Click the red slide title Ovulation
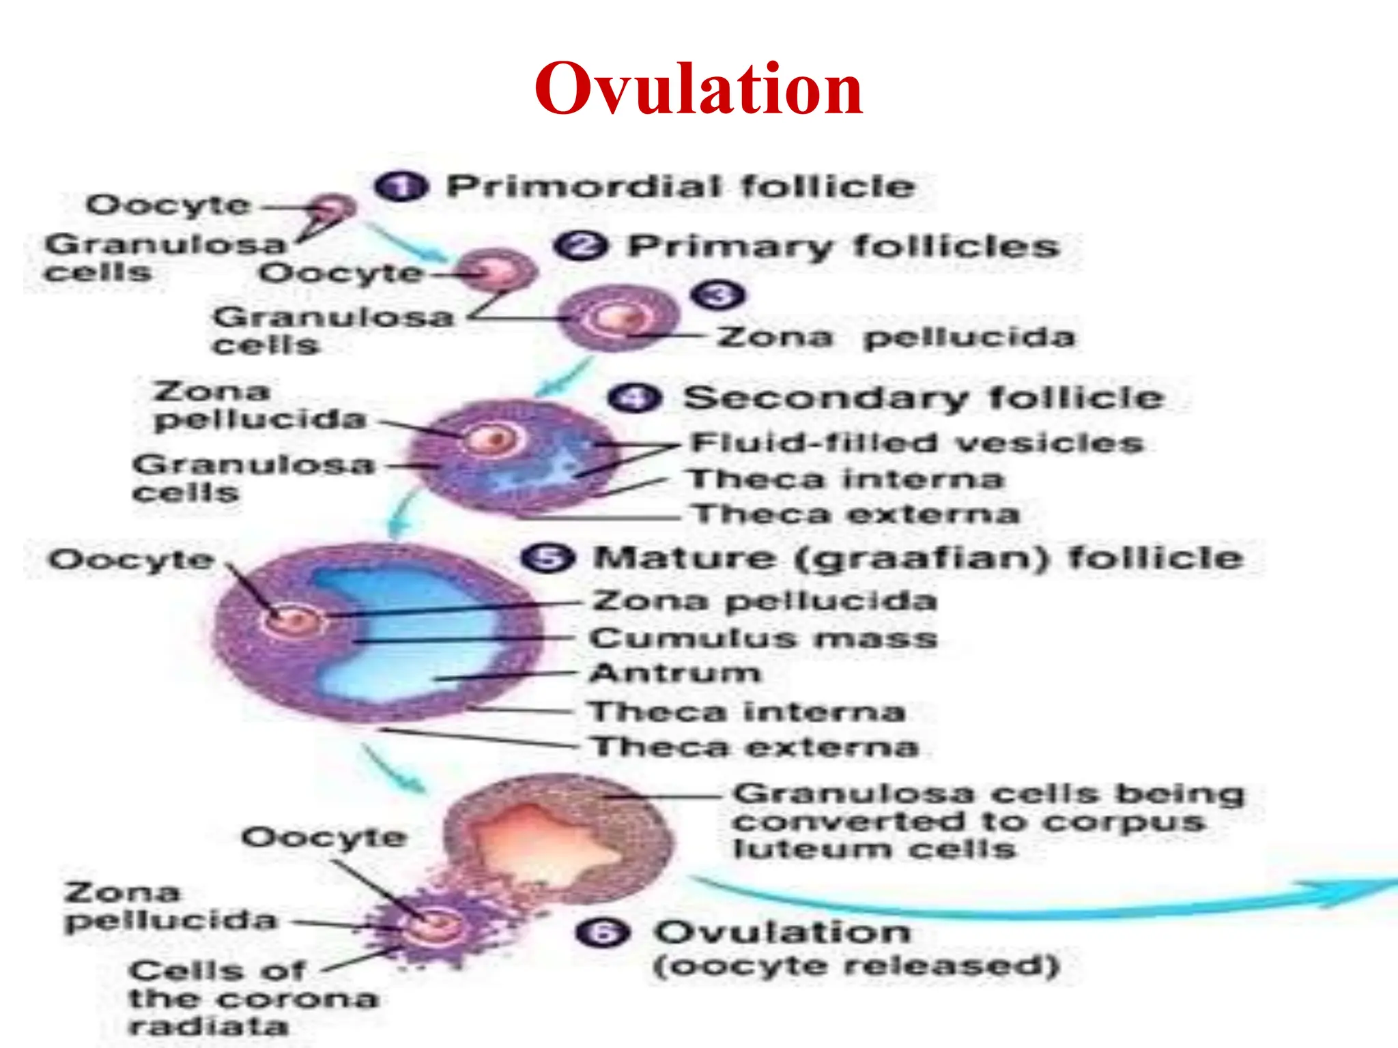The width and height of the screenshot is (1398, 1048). click(x=698, y=89)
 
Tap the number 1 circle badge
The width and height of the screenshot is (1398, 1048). click(x=401, y=186)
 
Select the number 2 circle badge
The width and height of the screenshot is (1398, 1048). click(x=580, y=246)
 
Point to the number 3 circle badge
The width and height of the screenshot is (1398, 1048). click(x=717, y=295)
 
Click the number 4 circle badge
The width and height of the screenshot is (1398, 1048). click(x=635, y=398)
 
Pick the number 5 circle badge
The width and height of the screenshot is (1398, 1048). click(x=547, y=558)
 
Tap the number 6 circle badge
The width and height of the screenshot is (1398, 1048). click(x=603, y=932)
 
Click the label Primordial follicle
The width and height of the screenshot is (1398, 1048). click(x=680, y=186)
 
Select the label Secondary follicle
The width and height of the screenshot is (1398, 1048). click(x=924, y=397)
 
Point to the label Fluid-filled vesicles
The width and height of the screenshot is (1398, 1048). click(x=917, y=443)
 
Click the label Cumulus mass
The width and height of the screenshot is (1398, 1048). click(x=763, y=639)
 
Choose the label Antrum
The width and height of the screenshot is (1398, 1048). click(x=675, y=673)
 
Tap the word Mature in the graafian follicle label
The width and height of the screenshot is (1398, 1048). click(x=685, y=558)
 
